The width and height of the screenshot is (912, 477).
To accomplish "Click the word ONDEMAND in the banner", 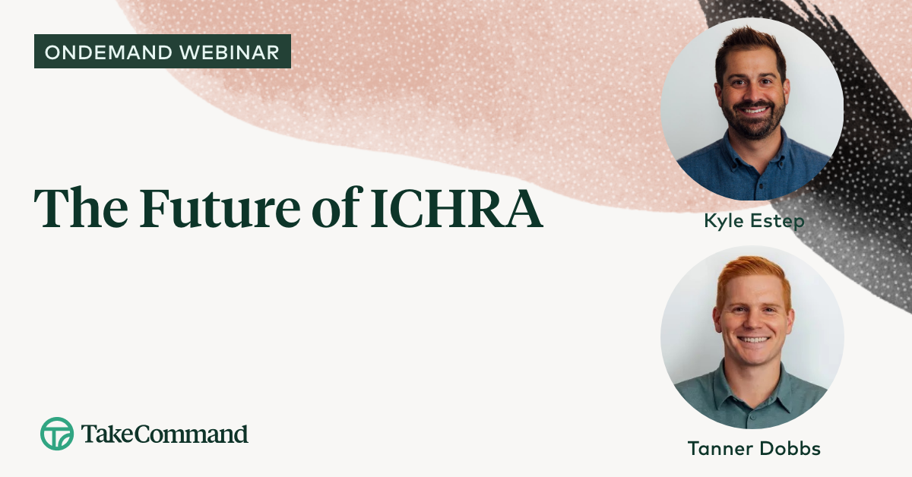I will pos(101,52).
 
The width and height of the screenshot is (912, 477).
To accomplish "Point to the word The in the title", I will pos(79,207).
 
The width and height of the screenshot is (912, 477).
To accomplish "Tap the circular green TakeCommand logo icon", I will pos(57,434).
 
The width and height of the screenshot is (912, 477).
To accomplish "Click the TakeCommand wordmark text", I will pos(164,434).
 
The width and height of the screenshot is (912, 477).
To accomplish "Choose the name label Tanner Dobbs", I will pos(754,448).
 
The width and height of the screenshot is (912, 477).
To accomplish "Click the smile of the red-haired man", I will pos(752,340).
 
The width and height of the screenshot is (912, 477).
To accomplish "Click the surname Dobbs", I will pos(791,448).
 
